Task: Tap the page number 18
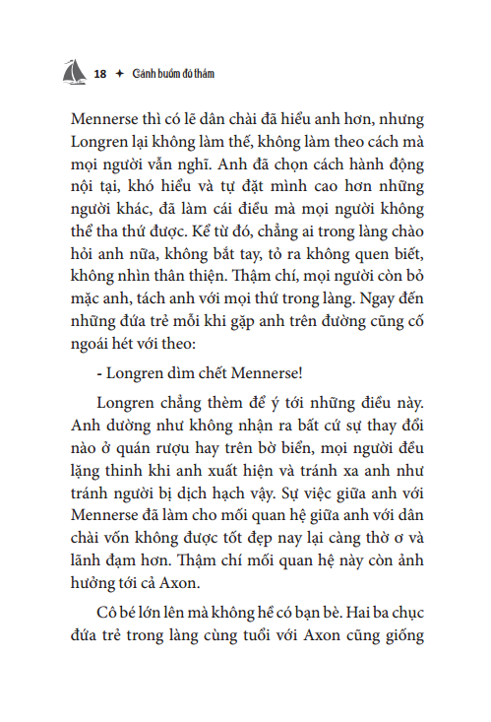pyautogui.click(x=99, y=74)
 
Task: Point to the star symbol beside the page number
pyautogui.click(x=119, y=74)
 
